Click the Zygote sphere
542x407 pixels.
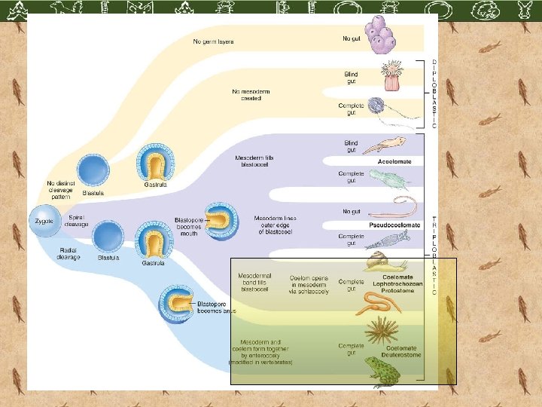[42, 221]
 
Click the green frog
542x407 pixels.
[383, 371]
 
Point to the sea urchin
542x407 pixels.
[381, 332]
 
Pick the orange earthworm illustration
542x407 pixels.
[379, 302]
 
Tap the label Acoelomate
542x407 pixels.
[394, 161]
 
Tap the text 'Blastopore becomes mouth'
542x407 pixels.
[187, 225]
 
